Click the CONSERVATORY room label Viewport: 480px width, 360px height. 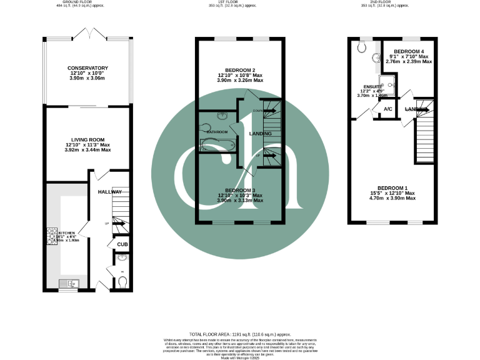point(87,68)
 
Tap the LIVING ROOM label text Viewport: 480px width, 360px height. point(87,139)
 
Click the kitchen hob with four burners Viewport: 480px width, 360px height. point(49,234)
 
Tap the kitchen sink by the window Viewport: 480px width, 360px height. point(67,283)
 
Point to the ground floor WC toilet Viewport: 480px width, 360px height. point(122,283)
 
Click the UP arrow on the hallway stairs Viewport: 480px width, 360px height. point(118,224)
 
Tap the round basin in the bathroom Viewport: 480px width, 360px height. point(222,116)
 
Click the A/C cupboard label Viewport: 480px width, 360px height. point(387,109)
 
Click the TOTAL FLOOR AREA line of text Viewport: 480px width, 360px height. point(240,335)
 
